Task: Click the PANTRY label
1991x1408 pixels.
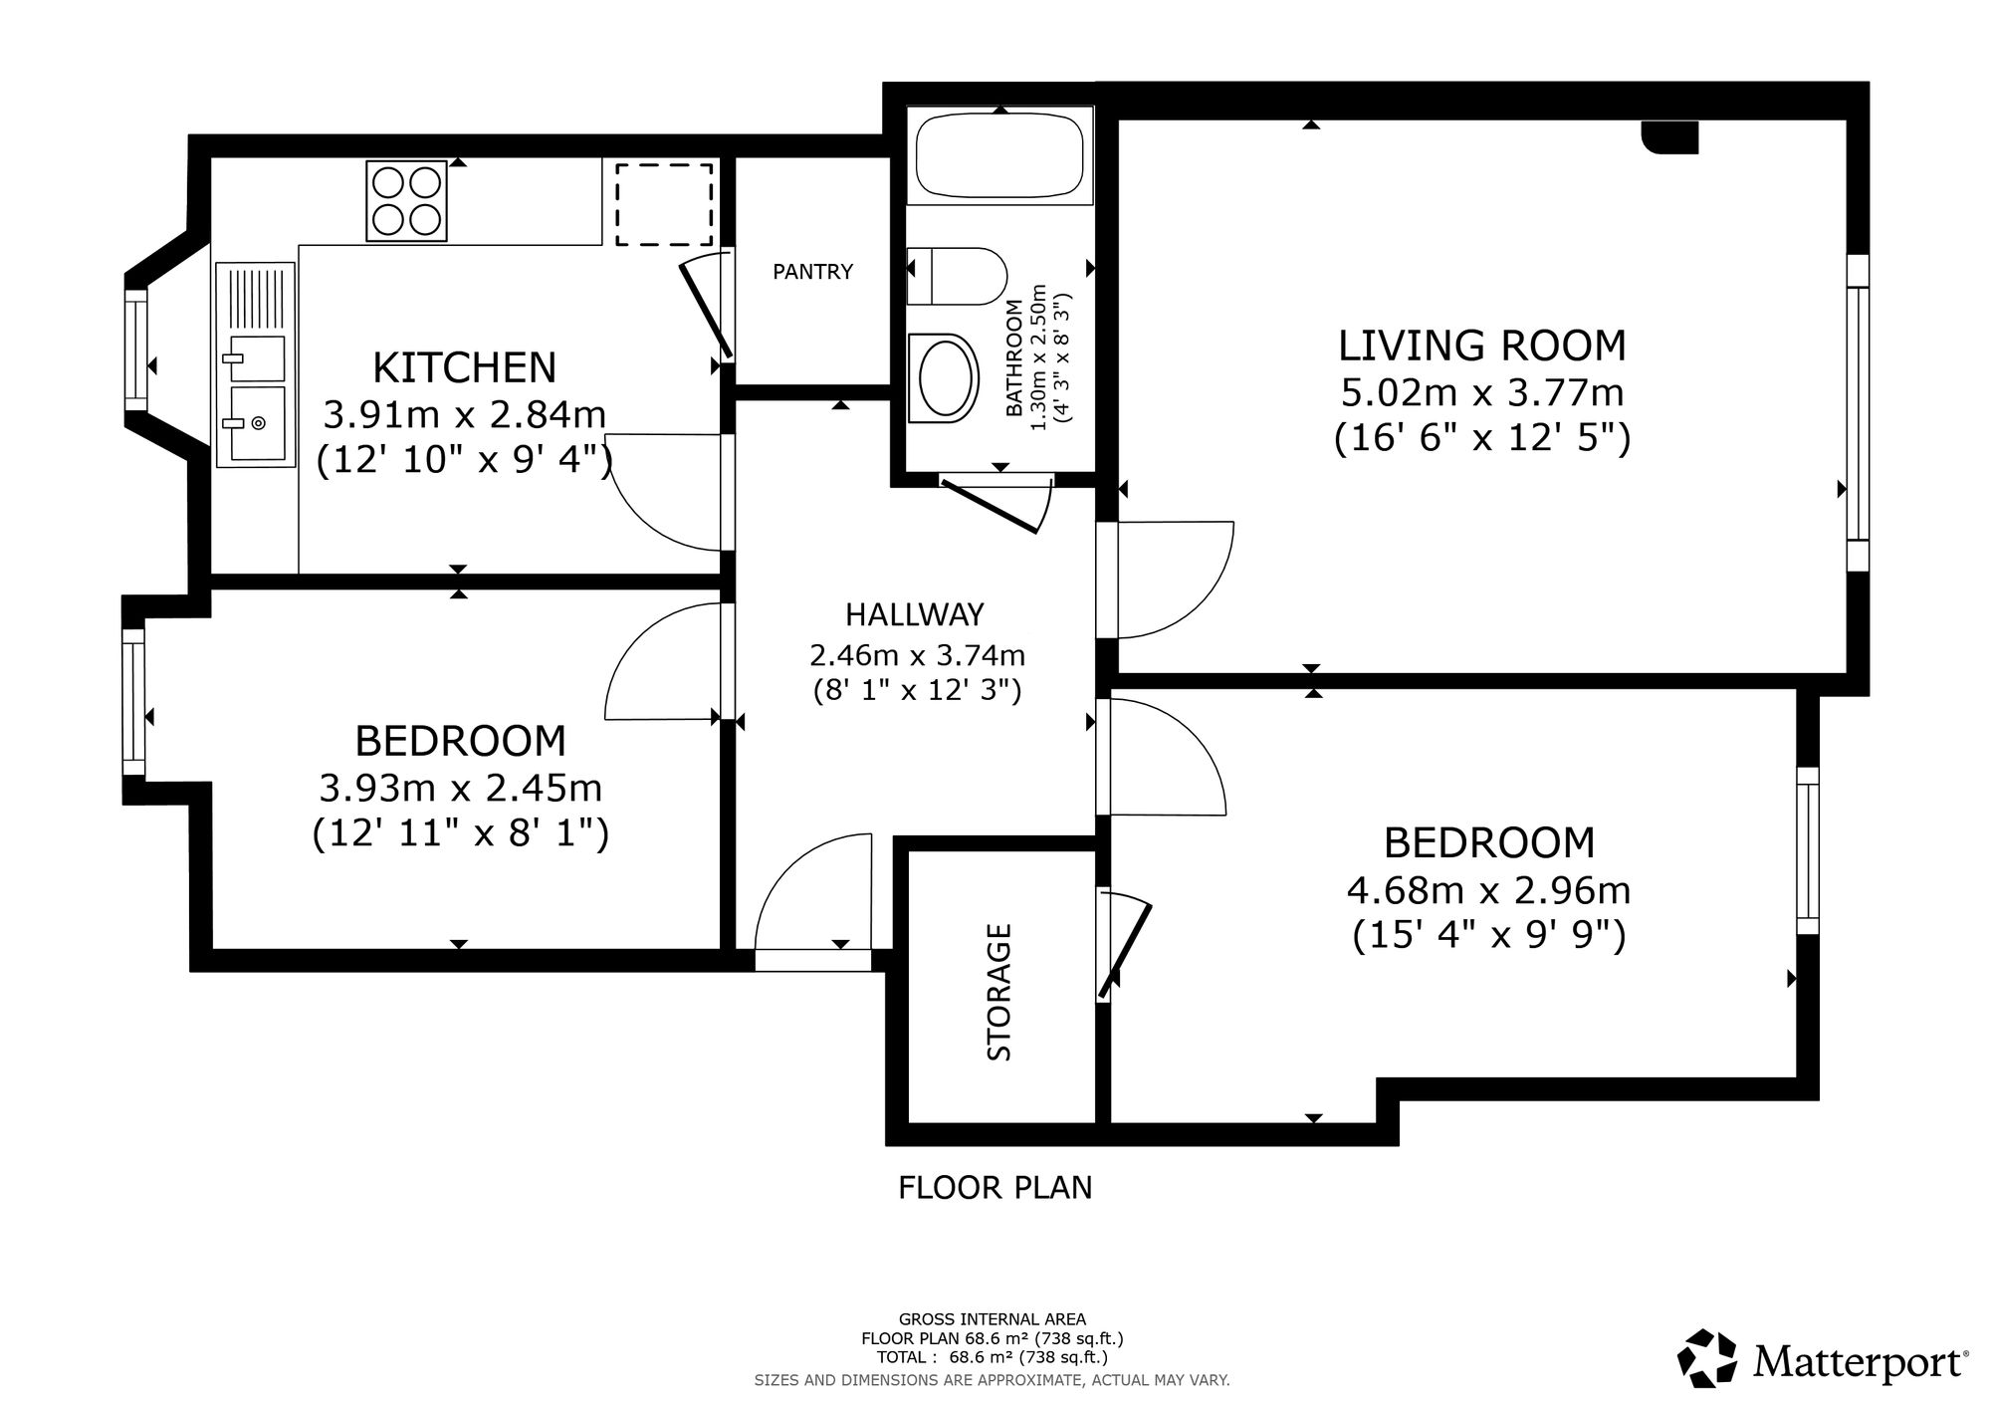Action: pyautogui.click(x=812, y=271)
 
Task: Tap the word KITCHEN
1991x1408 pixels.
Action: pyautogui.click(x=464, y=367)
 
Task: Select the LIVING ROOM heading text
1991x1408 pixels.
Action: pyautogui.click(x=1481, y=346)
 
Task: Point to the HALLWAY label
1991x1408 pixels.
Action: pyautogui.click(x=915, y=614)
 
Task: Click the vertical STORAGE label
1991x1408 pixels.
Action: pyautogui.click(x=998, y=992)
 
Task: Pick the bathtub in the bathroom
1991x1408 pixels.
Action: pyautogui.click(x=999, y=155)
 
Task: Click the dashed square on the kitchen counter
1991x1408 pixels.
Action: pyautogui.click(x=664, y=205)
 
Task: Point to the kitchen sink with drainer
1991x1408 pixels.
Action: pyautogui.click(x=256, y=364)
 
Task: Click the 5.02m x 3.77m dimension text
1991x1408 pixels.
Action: pyautogui.click(x=1481, y=392)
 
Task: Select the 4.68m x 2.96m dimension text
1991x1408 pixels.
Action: pyautogui.click(x=1488, y=889)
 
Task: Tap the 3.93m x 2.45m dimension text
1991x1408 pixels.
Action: pyautogui.click(x=460, y=788)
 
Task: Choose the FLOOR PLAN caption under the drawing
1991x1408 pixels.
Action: pyautogui.click(x=995, y=1188)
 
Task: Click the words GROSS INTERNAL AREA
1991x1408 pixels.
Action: pyautogui.click(x=993, y=1319)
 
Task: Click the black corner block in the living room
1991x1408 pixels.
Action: pyautogui.click(x=1669, y=137)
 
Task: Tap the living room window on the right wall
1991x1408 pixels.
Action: pyautogui.click(x=1858, y=412)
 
